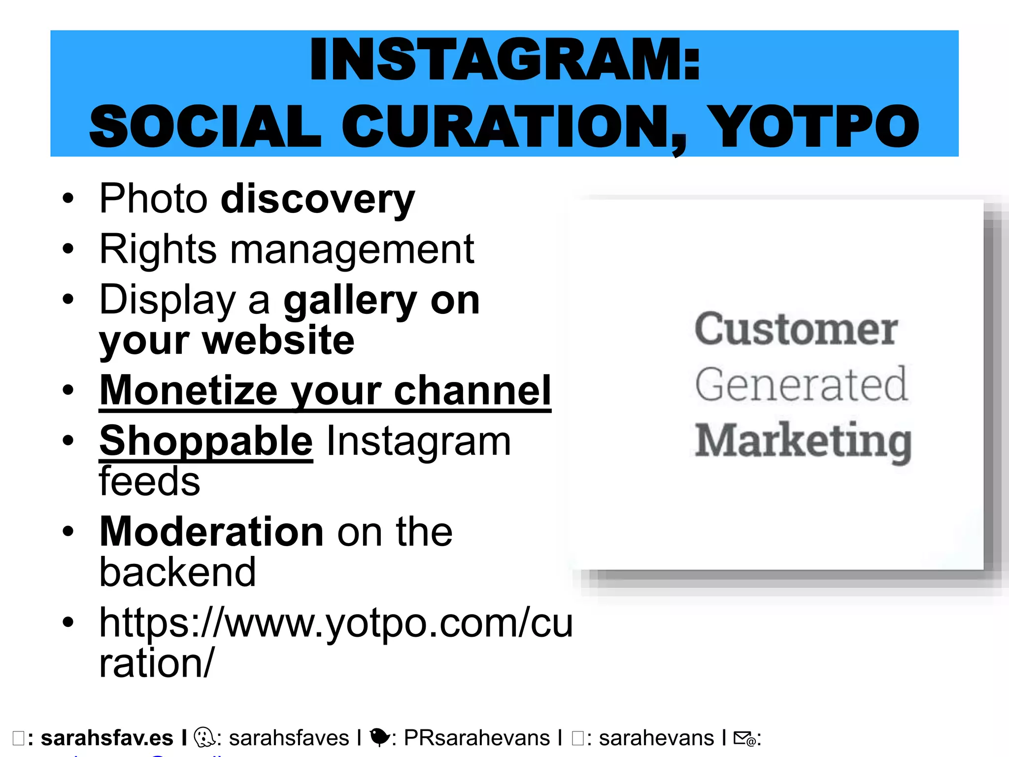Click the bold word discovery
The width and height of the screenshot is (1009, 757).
(318, 200)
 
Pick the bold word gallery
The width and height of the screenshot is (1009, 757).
(350, 301)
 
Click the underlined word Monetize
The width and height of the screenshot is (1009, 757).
(189, 390)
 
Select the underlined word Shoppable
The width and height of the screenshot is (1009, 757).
(206, 442)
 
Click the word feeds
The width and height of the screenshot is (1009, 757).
(149, 482)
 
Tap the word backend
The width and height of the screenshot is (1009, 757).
(177, 572)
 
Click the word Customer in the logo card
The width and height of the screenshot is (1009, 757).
(796, 329)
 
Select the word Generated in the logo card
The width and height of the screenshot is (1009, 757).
(801, 384)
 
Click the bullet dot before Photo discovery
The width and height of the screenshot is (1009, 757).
(68, 199)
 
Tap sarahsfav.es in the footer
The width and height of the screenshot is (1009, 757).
(107, 738)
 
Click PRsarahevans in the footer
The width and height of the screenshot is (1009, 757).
(476, 738)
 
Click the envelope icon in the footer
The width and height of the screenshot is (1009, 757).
(744, 738)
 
